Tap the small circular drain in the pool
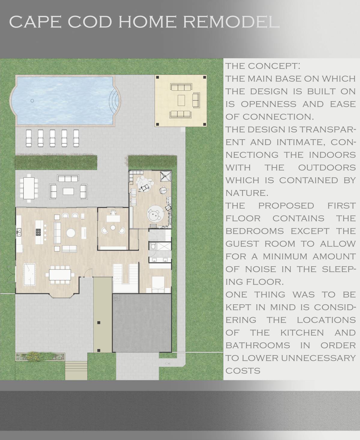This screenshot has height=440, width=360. point(32,101)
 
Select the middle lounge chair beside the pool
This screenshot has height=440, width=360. point(52,138)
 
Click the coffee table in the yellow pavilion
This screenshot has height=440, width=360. point(181,100)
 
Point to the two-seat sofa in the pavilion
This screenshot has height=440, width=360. point(196,100)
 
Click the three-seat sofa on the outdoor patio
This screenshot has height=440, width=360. point(68,178)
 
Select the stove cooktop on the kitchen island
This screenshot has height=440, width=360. point(39,231)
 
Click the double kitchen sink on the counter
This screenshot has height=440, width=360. point(19,231)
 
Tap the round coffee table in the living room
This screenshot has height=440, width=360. point(71,233)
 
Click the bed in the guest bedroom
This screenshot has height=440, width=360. point(158,284)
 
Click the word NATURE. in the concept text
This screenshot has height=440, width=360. point(247,193)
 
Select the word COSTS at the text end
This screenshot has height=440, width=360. point(243,371)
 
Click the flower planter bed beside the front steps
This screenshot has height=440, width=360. point(40,357)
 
